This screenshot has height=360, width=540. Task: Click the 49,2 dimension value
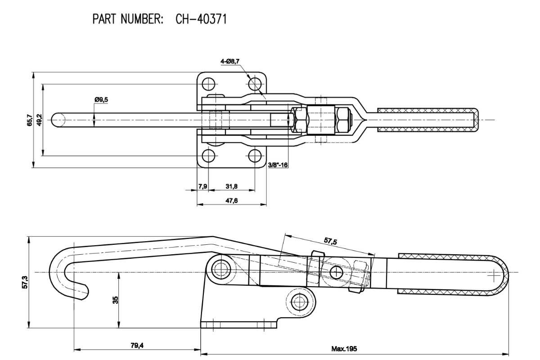point(40,120)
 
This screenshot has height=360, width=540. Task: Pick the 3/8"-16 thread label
point(278,165)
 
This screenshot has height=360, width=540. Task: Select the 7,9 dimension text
point(203,186)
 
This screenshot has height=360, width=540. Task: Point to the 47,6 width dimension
point(231,200)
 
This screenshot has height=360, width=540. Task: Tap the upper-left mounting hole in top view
point(208,84)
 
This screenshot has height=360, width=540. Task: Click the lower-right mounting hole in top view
point(255,156)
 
